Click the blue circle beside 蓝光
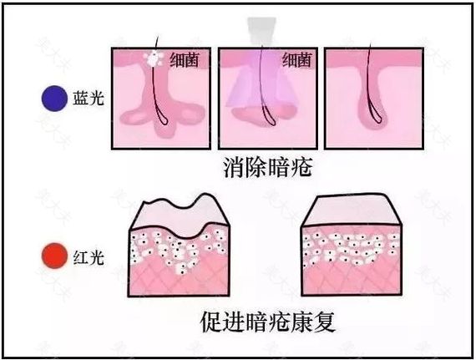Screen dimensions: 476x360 point(54,99)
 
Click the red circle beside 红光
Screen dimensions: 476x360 point(54,256)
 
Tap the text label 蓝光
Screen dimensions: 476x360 point(89,98)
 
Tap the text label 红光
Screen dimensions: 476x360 point(89,258)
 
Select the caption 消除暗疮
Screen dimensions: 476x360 point(268,168)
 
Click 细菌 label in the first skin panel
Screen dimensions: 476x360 point(185,59)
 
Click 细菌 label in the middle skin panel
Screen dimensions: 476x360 point(297,59)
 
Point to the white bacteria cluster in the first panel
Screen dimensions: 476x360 point(154,58)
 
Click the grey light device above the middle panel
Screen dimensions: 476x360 point(261,30)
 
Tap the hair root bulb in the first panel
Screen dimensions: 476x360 point(162,118)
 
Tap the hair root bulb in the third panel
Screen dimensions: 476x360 point(377,116)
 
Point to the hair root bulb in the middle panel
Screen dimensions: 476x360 point(270,117)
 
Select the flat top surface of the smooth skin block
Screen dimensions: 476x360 point(352,209)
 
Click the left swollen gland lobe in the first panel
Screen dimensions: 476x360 point(134,117)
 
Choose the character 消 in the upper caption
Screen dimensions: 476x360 point(235,168)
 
